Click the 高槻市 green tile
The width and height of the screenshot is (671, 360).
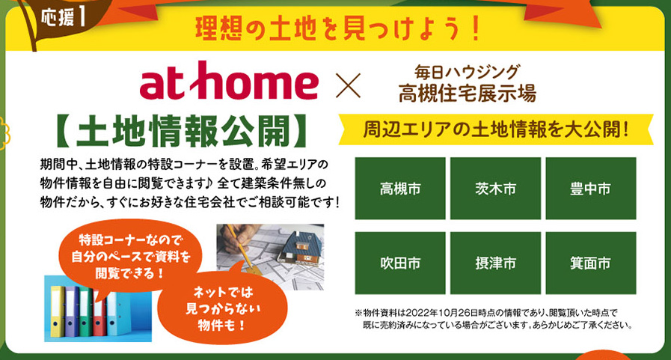[x=400, y=189]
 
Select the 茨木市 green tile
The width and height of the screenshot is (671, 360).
[x=495, y=189]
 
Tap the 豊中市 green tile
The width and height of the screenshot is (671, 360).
[x=590, y=189]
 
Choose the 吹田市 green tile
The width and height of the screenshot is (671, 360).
[x=400, y=263]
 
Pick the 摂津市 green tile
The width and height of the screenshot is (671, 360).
[x=495, y=263]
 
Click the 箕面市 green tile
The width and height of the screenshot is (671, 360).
[x=590, y=263]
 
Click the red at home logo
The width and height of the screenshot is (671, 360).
[x=229, y=82]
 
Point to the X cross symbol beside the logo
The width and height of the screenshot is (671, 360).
[x=349, y=85]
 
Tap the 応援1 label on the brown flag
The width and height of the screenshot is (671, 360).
[x=63, y=18]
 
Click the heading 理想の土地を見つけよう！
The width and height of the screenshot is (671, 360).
[x=338, y=29]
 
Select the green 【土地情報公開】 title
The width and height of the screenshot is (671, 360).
[x=182, y=130]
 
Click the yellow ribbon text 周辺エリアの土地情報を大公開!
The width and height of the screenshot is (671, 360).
[x=496, y=129]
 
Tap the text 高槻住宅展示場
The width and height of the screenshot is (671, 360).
[x=467, y=93]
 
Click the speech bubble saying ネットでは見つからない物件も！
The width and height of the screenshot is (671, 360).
[x=222, y=308]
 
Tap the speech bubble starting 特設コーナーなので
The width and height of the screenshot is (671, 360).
[x=130, y=256]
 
